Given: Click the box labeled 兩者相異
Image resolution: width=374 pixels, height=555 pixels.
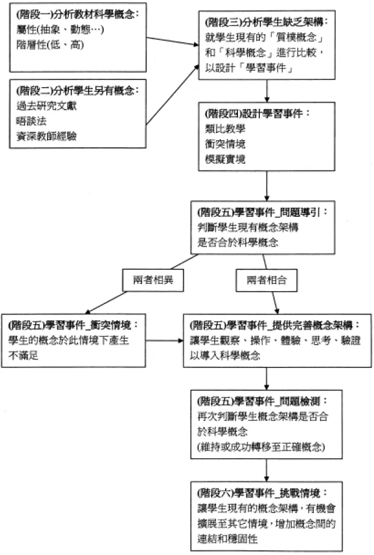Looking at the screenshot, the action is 153,280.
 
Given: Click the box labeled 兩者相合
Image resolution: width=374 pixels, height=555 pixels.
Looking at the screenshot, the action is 267,280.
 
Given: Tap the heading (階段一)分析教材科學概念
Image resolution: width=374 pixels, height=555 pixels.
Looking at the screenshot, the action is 77,14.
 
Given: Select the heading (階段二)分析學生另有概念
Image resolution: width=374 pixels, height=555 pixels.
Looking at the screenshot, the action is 77,91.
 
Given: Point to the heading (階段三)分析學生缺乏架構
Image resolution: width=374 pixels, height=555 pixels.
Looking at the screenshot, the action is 266,22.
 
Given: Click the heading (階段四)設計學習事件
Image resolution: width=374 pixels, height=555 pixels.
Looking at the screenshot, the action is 257,113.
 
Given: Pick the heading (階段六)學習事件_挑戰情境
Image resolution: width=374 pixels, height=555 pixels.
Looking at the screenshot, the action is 262,492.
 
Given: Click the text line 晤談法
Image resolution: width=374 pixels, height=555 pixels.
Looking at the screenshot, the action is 31,121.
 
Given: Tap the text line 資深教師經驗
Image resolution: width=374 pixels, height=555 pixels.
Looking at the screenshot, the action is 46,136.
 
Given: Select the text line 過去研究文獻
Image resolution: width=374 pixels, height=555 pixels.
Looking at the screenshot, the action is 46,106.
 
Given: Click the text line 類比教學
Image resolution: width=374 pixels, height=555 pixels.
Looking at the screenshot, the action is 225,129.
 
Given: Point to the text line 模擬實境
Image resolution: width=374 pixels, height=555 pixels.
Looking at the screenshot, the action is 225,159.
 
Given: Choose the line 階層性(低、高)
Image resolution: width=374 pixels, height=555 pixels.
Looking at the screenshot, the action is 50,44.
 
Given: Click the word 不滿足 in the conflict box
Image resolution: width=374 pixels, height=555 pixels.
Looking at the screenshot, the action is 23,355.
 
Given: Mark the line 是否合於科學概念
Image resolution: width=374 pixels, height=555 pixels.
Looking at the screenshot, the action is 237,242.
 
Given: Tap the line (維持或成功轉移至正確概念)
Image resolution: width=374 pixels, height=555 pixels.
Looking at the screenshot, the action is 261,447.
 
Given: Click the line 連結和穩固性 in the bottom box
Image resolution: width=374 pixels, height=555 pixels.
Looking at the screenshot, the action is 227,539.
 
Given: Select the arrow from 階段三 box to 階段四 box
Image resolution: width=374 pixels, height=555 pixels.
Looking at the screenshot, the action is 267,91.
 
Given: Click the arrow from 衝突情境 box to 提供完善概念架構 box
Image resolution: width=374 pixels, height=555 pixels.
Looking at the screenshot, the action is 165,341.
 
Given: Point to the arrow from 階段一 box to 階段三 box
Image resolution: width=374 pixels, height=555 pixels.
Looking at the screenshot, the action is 173,41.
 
